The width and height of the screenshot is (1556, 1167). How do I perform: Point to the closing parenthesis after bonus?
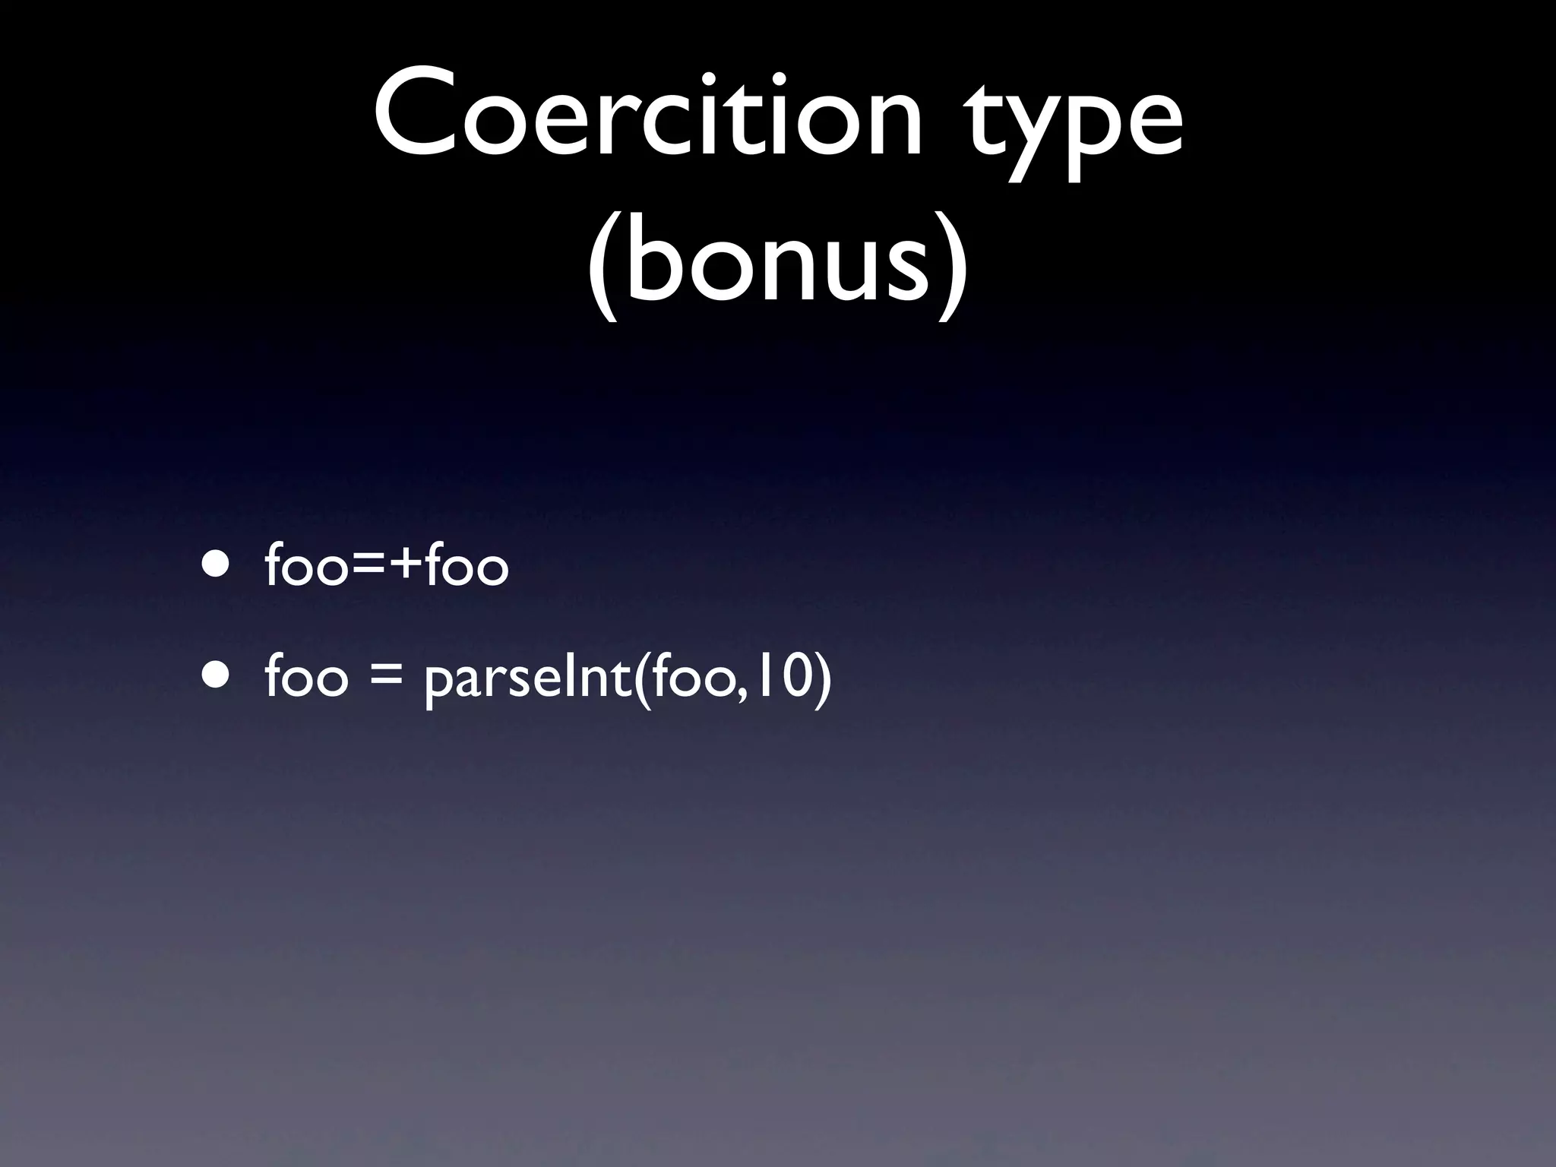click(953, 262)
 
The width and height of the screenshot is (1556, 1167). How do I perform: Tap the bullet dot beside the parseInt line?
click(214, 673)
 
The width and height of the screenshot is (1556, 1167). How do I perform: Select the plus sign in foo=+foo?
click(403, 566)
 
